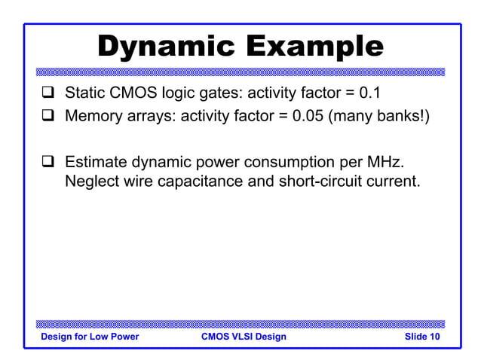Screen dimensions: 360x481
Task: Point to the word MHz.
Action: (x=395, y=162)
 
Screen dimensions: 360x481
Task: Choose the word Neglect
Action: (x=92, y=182)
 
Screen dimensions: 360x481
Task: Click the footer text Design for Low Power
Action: (x=90, y=337)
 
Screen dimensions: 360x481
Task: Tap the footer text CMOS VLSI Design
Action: (x=244, y=337)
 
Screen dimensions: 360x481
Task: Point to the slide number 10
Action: (x=434, y=337)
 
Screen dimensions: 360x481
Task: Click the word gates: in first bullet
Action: (x=214, y=94)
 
